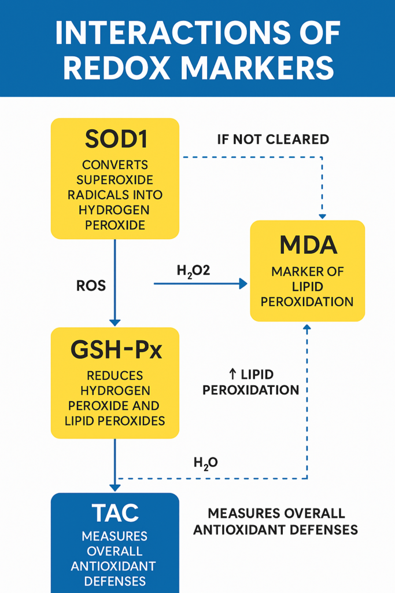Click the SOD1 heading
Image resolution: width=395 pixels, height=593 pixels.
point(115,139)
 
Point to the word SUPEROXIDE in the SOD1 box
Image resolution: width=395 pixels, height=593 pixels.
point(115,180)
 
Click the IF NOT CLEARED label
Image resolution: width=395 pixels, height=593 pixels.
point(273,140)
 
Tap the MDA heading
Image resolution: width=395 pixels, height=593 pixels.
point(307,246)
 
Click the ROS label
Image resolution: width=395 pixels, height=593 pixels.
point(90,285)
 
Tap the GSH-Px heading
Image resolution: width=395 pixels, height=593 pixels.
point(115,350)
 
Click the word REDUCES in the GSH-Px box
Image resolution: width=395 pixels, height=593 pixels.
point(115,376)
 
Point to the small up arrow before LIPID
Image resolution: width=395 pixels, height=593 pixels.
point(230,375)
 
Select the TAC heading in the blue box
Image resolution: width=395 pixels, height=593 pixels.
point(115,512)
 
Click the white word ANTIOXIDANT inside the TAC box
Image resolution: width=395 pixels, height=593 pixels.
point(113,565)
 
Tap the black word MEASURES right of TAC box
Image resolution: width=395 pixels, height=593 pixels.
point(243,513)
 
